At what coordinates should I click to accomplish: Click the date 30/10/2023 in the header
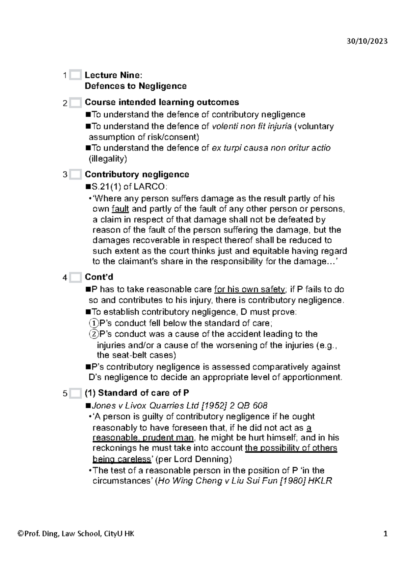[x=367, y=41]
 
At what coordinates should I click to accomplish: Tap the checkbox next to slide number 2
[x=76, y=103]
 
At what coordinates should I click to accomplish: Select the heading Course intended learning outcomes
[x=162, y=102]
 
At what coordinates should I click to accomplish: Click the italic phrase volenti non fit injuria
[x=251, y=126]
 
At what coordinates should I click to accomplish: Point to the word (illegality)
[x=108, y=159]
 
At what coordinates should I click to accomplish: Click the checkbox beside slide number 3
[x=76, y=175]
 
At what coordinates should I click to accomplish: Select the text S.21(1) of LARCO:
[x=129, y=187]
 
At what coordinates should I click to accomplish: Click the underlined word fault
[x=120, y=209]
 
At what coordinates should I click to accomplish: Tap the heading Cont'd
[x=99, y=277]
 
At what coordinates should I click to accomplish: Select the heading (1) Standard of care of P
[x=137, y=393]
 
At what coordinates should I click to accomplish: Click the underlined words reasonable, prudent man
[x=143, y=438]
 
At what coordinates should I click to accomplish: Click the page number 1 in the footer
[x=385, y=534]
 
